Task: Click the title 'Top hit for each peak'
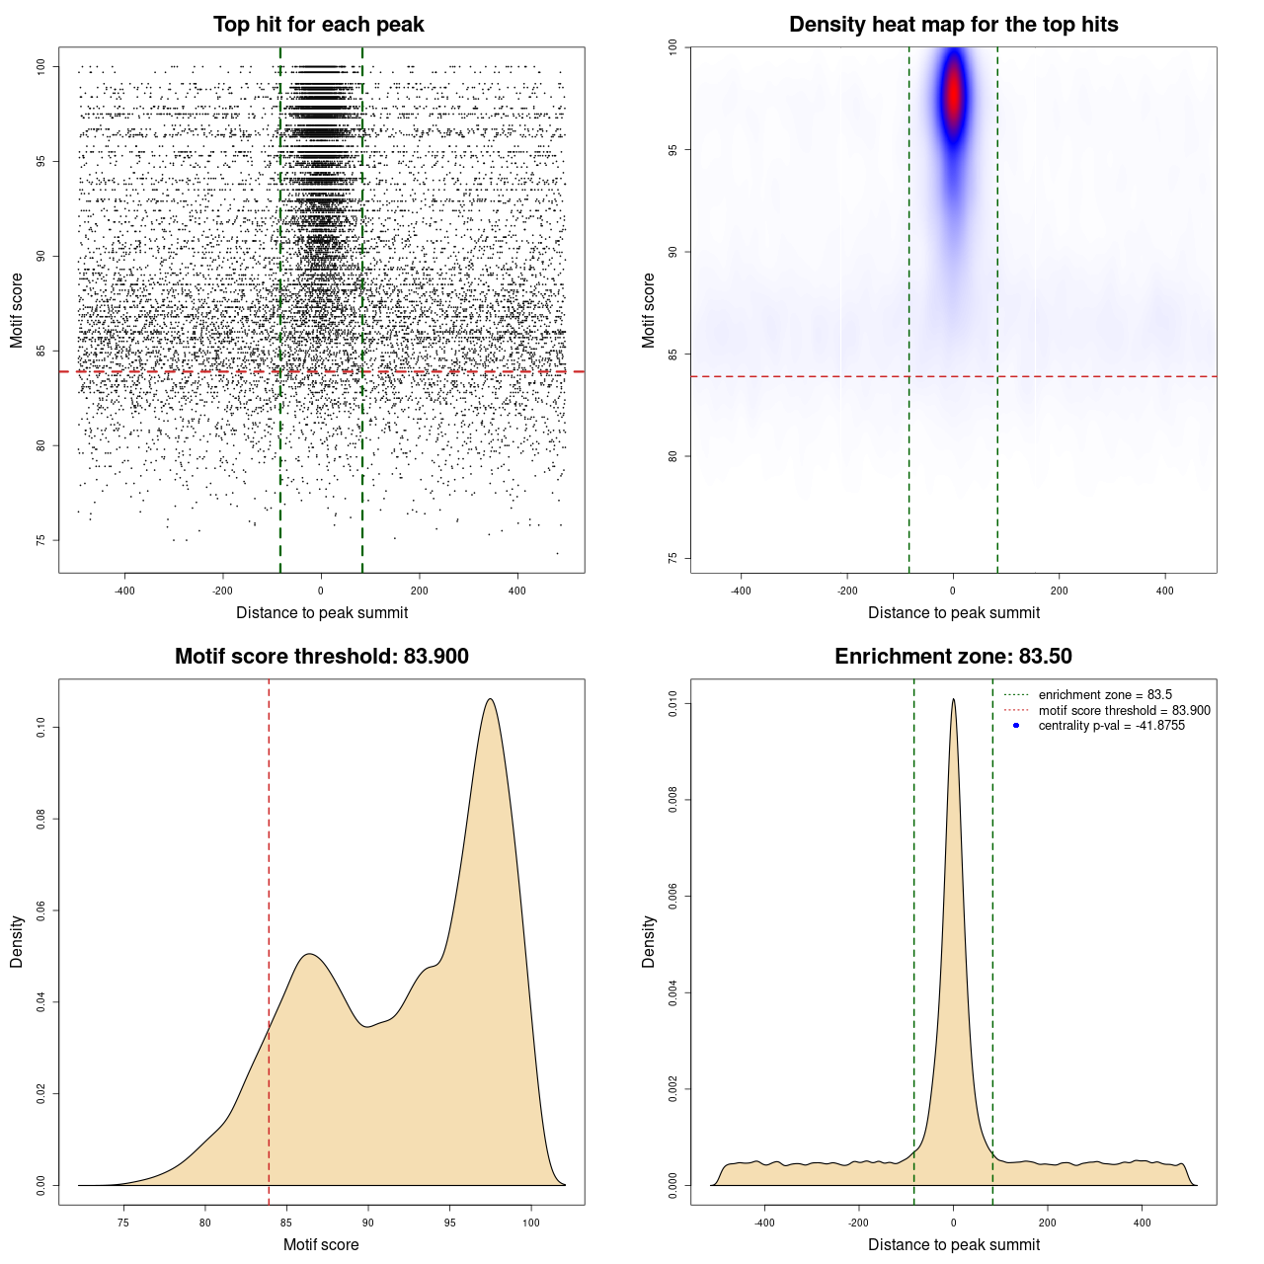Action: [318, 25]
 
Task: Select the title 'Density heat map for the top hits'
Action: [953, 25]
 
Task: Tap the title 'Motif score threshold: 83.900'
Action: [321, 657]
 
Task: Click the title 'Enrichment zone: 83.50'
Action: [953, 657]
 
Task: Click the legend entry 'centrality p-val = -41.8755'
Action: [1111, 726]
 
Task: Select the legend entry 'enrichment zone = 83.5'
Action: [1105, 695]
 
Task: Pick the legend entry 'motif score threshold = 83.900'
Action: [1124, 711]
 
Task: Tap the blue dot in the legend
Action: [1016, 726]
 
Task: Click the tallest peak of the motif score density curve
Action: [490, 699]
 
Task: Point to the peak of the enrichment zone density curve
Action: [953, 699]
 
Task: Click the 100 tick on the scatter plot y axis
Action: [41, 66]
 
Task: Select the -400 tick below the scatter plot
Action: [124, 592]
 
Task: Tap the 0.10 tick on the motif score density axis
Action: [41, 728]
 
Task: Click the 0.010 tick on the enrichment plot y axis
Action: [673, 704]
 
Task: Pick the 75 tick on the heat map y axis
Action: [673, 558]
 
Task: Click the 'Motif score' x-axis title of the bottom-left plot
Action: [321, 1244]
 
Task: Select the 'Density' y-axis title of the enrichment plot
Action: [649, 941]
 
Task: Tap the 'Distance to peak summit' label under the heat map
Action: [953, 612]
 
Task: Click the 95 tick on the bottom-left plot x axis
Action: [450, 1224]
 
